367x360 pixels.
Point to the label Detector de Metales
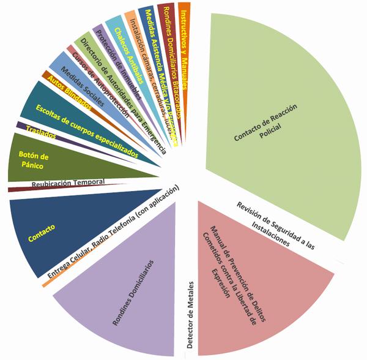coord(191,315)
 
